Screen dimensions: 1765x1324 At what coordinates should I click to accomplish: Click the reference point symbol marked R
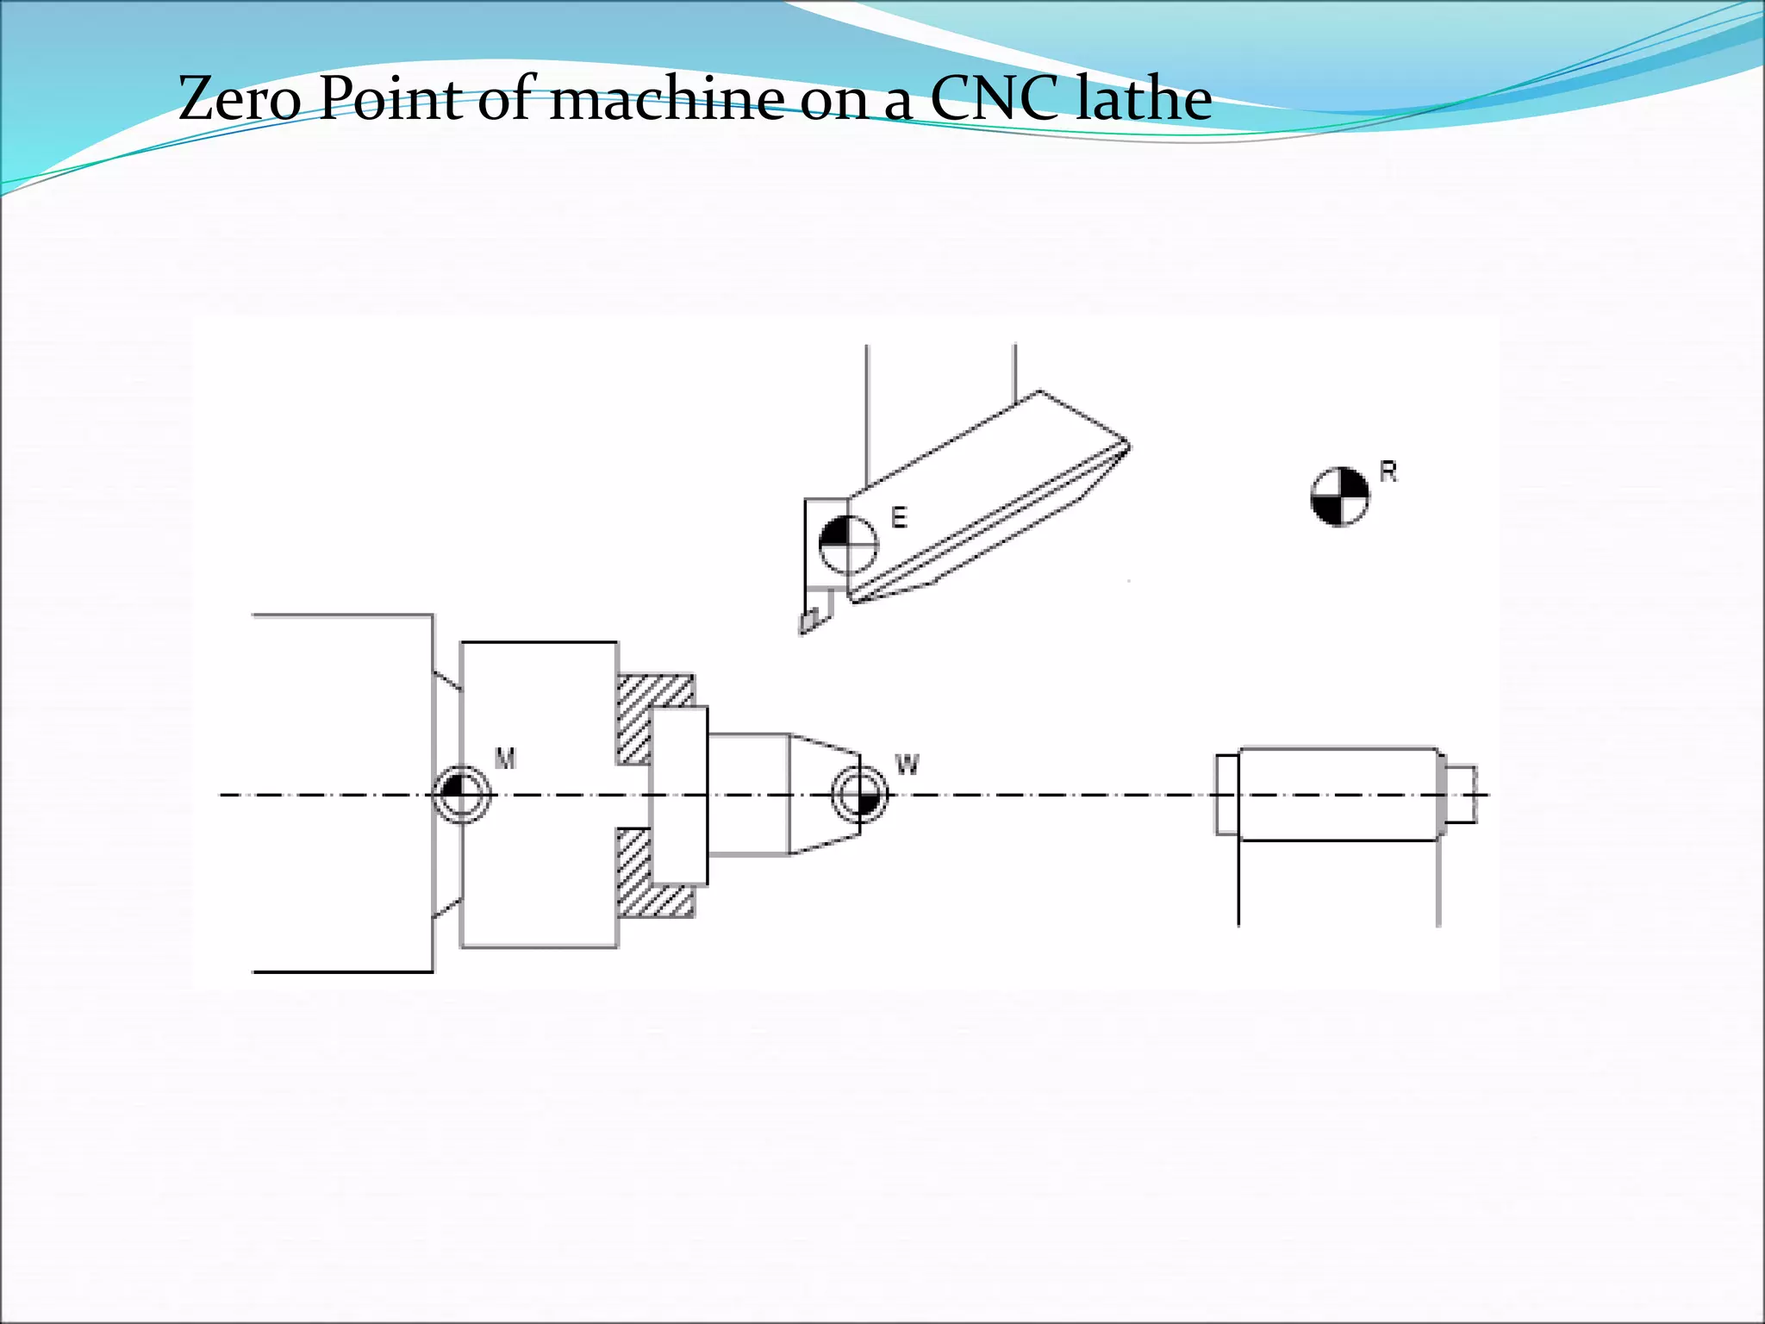point(1339,496)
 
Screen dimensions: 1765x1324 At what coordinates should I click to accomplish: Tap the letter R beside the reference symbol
point(1388,472)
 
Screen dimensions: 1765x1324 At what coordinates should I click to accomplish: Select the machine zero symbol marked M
point(462,794)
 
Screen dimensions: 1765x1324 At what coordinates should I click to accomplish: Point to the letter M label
point(505,759)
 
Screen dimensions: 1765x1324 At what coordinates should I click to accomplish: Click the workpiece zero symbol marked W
point(859,794)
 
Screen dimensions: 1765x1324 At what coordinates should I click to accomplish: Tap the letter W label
point(907,765)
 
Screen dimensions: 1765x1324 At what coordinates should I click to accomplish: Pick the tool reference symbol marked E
point(847,545)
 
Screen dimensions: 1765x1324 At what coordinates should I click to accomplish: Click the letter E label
point(899,518)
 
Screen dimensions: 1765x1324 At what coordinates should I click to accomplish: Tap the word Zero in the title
point(240,98)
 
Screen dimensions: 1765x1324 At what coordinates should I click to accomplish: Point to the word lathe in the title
point(1144,98)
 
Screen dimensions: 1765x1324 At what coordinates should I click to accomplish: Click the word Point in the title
point(391,98)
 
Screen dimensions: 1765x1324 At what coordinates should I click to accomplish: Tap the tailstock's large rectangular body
point(1338,794)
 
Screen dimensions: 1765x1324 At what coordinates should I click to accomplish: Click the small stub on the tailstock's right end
point(1459,794)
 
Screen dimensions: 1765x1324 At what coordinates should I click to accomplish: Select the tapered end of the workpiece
point(825,794)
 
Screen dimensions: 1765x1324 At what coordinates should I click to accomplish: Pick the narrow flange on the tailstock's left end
point(1227,794)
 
